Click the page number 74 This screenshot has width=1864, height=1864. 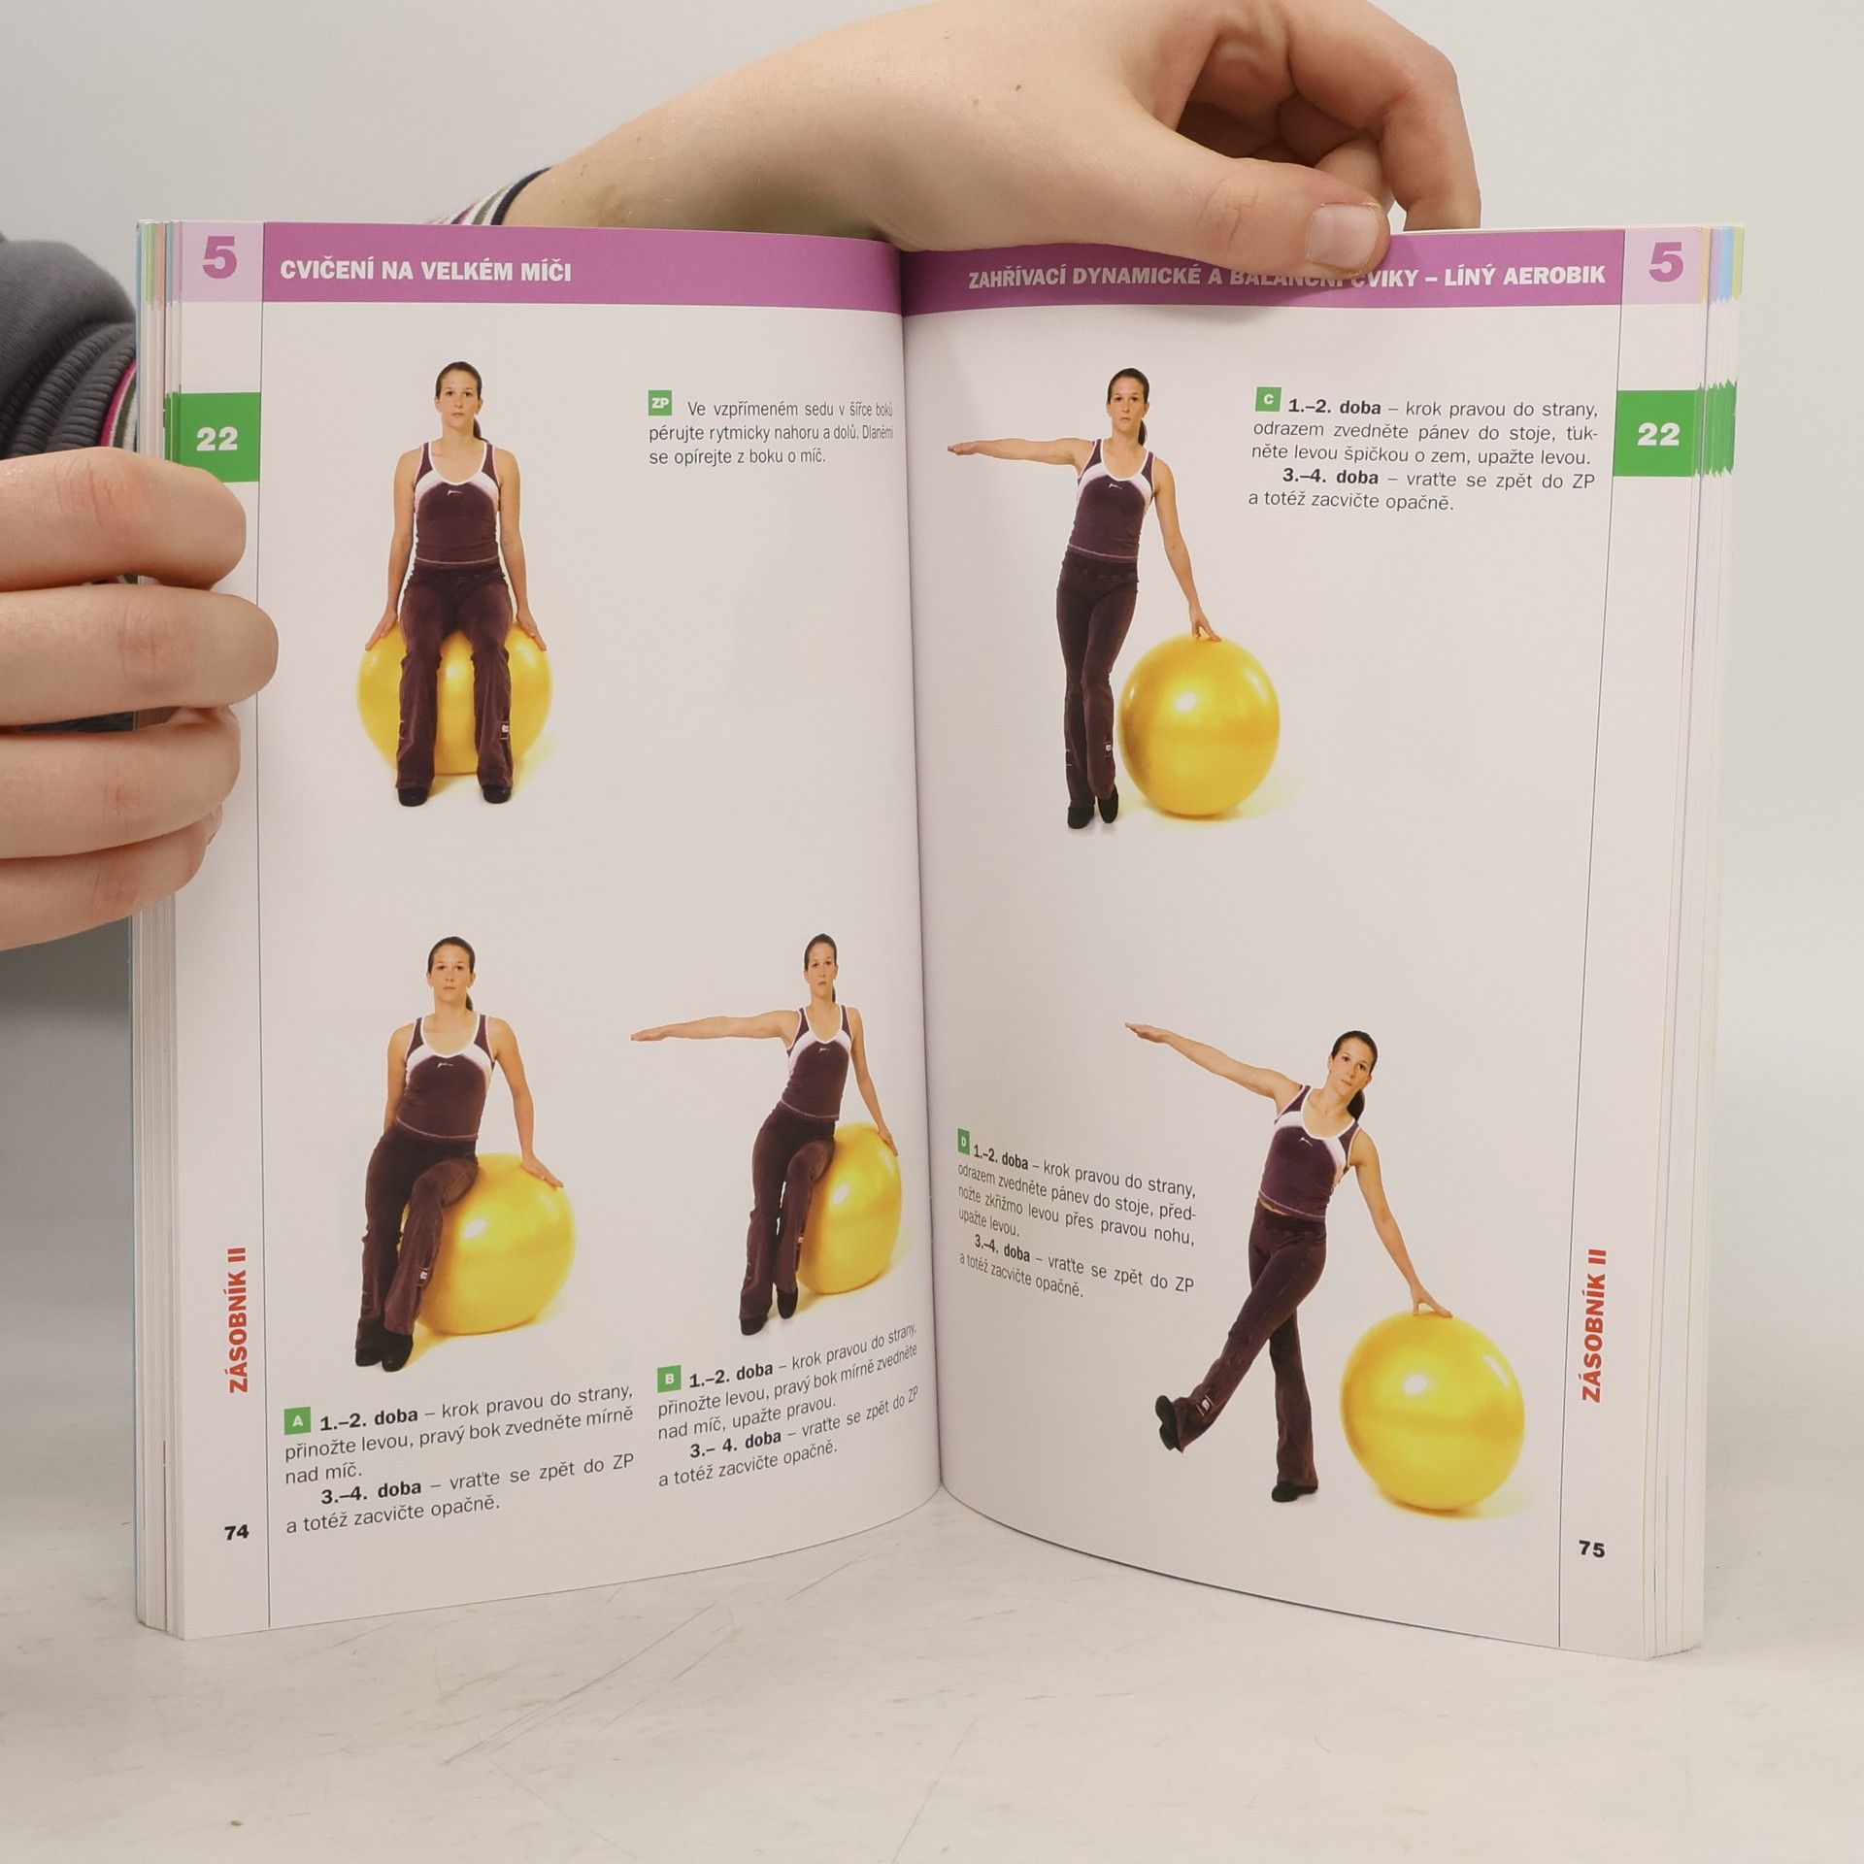(236, 1532)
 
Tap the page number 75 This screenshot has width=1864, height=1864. (1591, 1550)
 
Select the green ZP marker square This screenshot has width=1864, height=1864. (660, 403)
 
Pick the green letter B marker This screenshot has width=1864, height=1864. (669, 1379)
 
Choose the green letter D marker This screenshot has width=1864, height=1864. (963, 1141)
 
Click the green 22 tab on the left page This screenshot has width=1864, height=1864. (216, 439)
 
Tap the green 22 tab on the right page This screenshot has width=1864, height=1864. (1657, 434)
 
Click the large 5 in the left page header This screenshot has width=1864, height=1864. (220, 264)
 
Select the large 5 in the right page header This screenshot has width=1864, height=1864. (1665, 264)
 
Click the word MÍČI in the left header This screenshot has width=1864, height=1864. (541, 272)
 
